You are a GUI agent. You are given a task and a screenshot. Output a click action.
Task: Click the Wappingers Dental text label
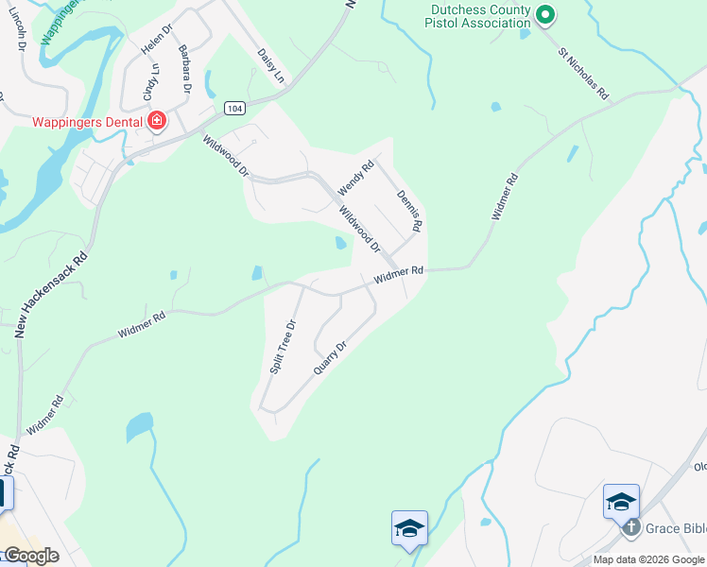pos(87,122)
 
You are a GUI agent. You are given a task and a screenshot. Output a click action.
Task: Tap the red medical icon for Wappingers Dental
pos(156,121)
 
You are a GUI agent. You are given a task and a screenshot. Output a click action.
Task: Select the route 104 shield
pos(235,109)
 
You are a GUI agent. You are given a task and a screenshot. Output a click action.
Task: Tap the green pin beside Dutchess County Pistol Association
pos(544,14)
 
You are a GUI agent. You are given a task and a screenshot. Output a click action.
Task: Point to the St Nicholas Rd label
pos(582,75)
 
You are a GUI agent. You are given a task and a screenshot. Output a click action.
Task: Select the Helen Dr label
pos(158,37)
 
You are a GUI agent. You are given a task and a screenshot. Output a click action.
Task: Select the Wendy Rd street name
pos(356,178)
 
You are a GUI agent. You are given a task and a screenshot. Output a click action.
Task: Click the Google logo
pos(31,556)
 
